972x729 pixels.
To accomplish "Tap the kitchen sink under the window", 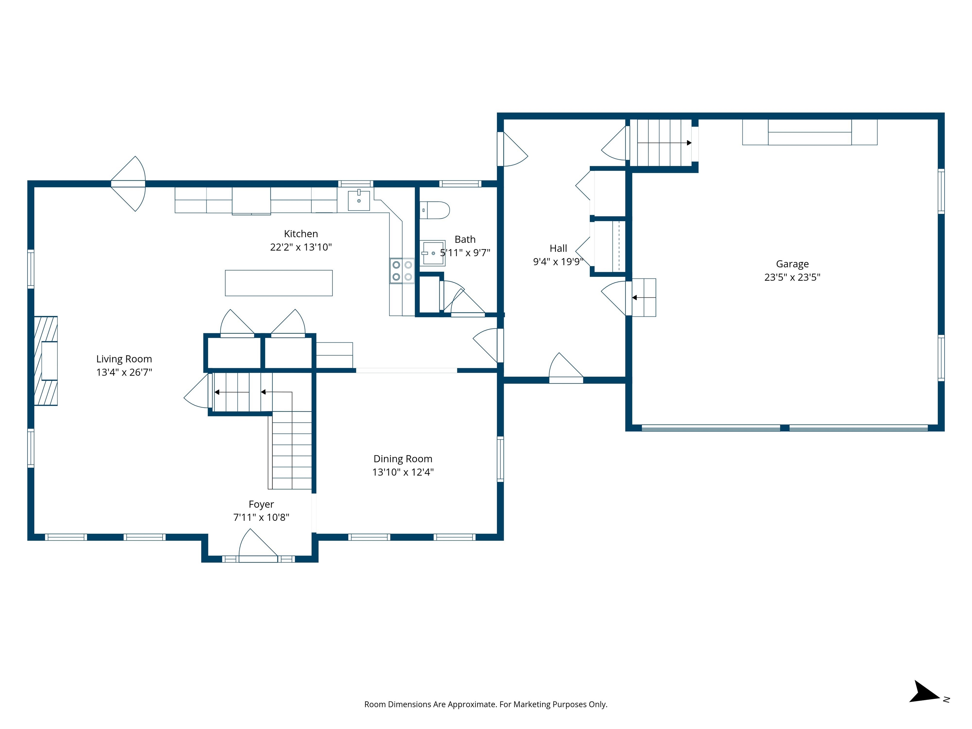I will click(358, 200).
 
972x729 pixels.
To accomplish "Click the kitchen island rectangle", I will click(278, 283).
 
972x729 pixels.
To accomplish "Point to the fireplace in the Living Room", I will click(46, 361).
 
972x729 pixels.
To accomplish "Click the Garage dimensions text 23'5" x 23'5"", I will click(792, 277).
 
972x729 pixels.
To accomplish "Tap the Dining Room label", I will click(402, 459).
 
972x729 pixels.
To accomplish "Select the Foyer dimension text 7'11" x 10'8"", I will click(261, 517).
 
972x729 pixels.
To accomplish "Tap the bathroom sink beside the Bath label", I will click(433, 253).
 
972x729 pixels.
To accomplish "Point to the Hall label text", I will click(558, 248).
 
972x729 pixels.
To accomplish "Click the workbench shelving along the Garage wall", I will click(809, 132).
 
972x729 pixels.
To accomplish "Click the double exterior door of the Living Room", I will click(128, 184).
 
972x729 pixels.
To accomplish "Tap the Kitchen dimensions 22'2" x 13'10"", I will click(301, 247).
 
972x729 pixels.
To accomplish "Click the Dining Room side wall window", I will click(500, 459).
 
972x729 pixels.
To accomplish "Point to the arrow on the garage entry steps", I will click(634, 297).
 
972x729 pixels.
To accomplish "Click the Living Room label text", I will click(124, 359).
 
